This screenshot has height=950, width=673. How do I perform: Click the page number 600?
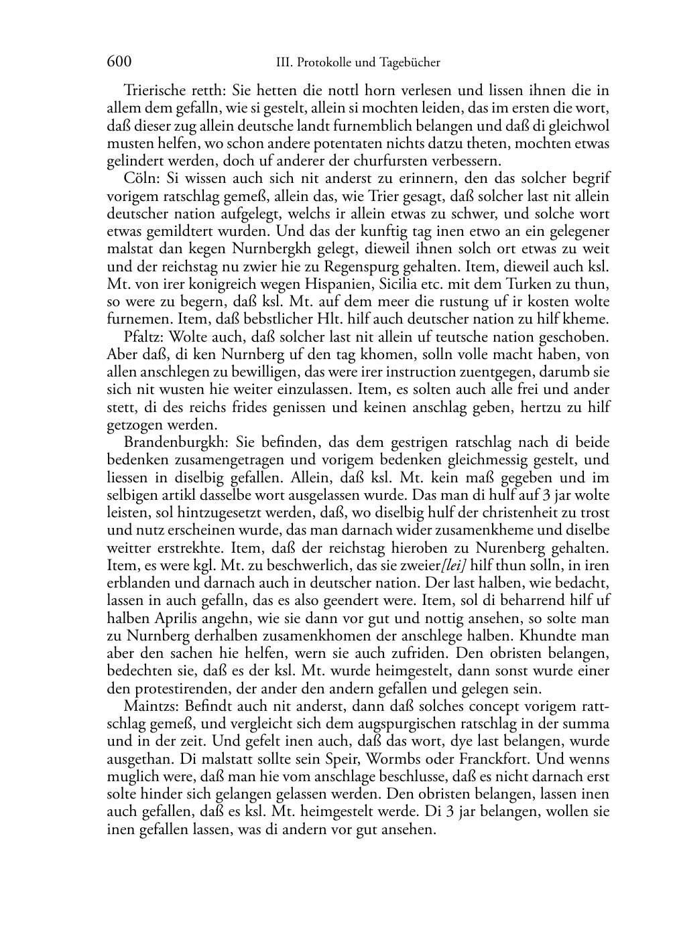point(119,62)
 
